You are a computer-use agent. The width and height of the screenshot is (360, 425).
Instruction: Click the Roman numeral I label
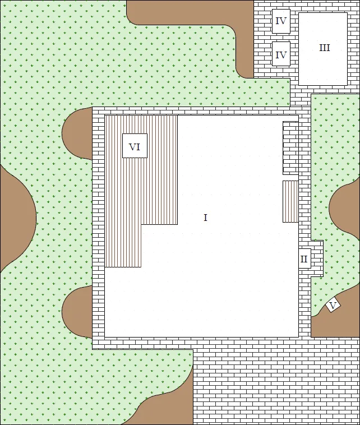[205, 218]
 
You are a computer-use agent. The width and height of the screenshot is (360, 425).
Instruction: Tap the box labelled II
[304, 258]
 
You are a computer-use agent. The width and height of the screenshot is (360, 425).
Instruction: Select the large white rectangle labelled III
[323, 49]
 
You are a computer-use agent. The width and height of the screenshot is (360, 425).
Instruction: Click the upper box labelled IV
[281, 21]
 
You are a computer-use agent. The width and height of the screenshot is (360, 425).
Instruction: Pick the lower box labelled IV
[281, 54]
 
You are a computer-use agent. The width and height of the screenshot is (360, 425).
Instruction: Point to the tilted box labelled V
[333, 306]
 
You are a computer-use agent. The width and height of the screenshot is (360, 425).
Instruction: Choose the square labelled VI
[135, 146]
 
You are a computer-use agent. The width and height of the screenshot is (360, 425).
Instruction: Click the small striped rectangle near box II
[290, 201]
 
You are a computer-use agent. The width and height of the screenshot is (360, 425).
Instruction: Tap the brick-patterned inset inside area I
[290, 148]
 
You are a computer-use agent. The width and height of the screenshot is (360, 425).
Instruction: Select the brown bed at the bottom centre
[168, 406]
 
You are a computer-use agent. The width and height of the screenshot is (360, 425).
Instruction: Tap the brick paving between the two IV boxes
[281, 38]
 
